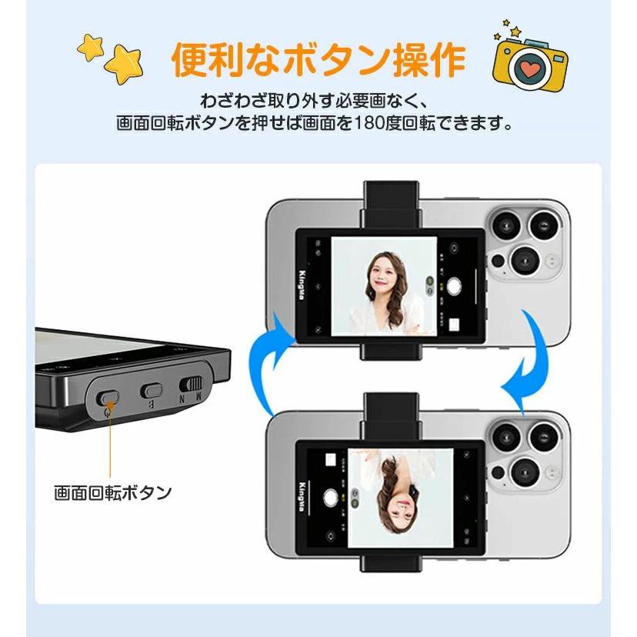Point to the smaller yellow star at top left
[91, 48]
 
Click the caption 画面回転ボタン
[112, 492]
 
